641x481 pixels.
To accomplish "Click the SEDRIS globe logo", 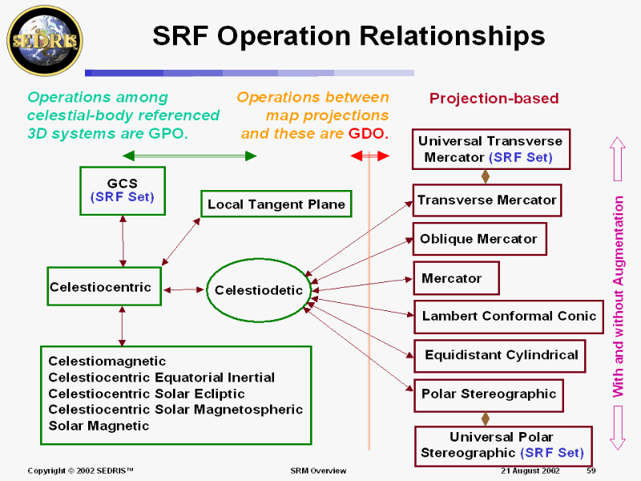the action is click(45, 41).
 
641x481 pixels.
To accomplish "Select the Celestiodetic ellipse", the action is click(259, 290).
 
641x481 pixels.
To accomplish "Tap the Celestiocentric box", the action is click(104, 286).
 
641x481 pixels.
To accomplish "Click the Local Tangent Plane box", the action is click(276, 204).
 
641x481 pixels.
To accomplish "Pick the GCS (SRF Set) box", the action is click(123, 191).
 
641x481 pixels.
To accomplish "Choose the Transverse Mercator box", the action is click(487, 200).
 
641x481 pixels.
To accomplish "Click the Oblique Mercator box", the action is click(479, 239).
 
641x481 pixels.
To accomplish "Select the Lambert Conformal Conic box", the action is click(509, 317).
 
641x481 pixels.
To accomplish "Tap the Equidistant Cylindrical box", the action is click(499, 355).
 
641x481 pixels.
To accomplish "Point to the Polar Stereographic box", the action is click(489, 395).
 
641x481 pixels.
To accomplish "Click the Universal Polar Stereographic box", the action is click(504, 446).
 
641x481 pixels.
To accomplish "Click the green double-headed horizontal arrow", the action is click(189, 156).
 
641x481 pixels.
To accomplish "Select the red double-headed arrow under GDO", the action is click(370, 156).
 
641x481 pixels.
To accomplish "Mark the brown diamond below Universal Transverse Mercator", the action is click(486, 176).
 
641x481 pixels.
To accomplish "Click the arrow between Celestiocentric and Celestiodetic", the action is click(183, 290).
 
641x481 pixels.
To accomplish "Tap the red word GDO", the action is click(368, 133).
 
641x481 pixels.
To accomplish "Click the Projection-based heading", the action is click(494, 98).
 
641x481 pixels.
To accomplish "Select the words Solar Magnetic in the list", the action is click(99, 426).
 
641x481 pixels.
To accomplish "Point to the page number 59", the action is click(591, 471).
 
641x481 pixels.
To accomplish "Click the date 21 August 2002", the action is click(530, 471).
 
